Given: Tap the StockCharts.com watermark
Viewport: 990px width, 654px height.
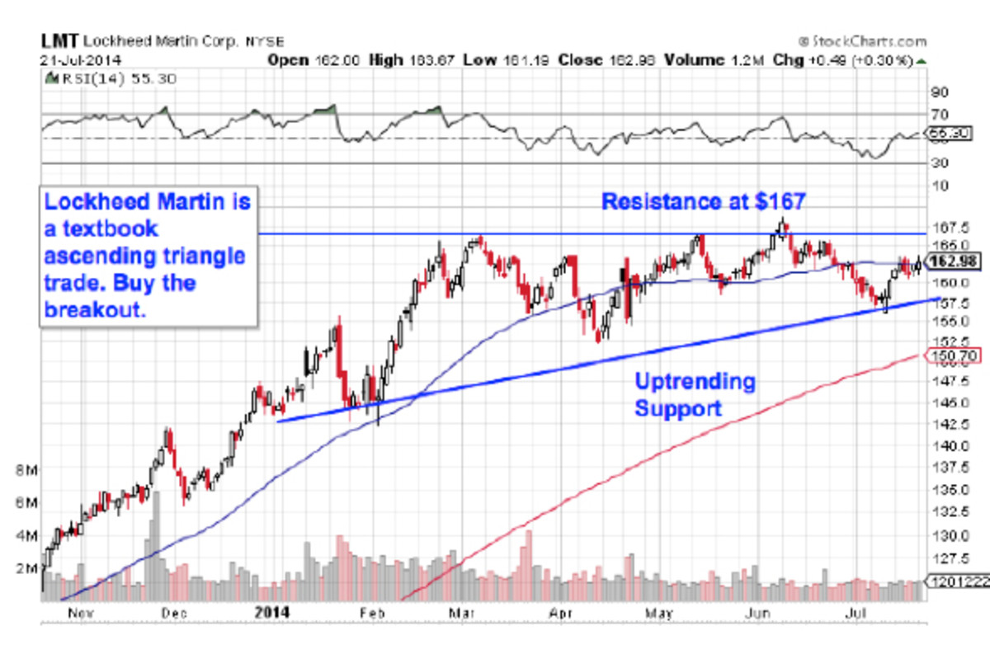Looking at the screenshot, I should pyautogui.click(x=862, y=41).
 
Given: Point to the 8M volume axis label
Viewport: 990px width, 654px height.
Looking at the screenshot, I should pyautogui.click(x=26, y=470).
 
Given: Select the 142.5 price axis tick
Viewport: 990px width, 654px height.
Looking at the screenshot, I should pyautogui.click(x=946, y=424).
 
